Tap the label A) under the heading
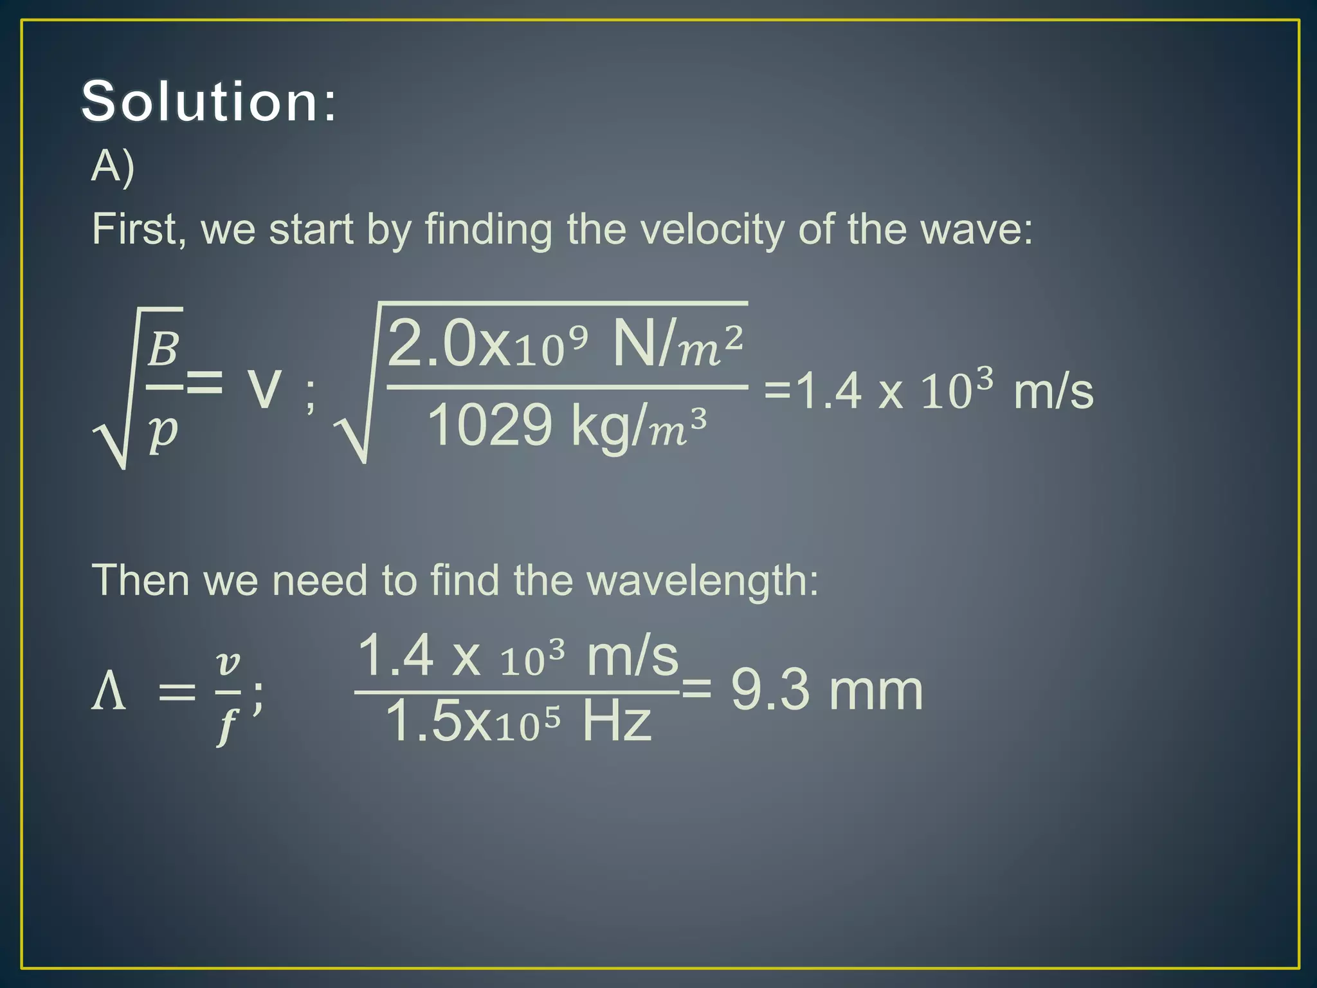[113, 166]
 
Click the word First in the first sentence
[134, 229]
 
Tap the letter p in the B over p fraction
[163, 432]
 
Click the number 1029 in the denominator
[489, 425]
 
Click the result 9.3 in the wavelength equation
[770, 690]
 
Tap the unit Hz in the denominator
[616, 721]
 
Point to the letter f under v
[227, 726]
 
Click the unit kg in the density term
[600, 428]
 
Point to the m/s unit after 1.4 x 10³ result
[1053, 392]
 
